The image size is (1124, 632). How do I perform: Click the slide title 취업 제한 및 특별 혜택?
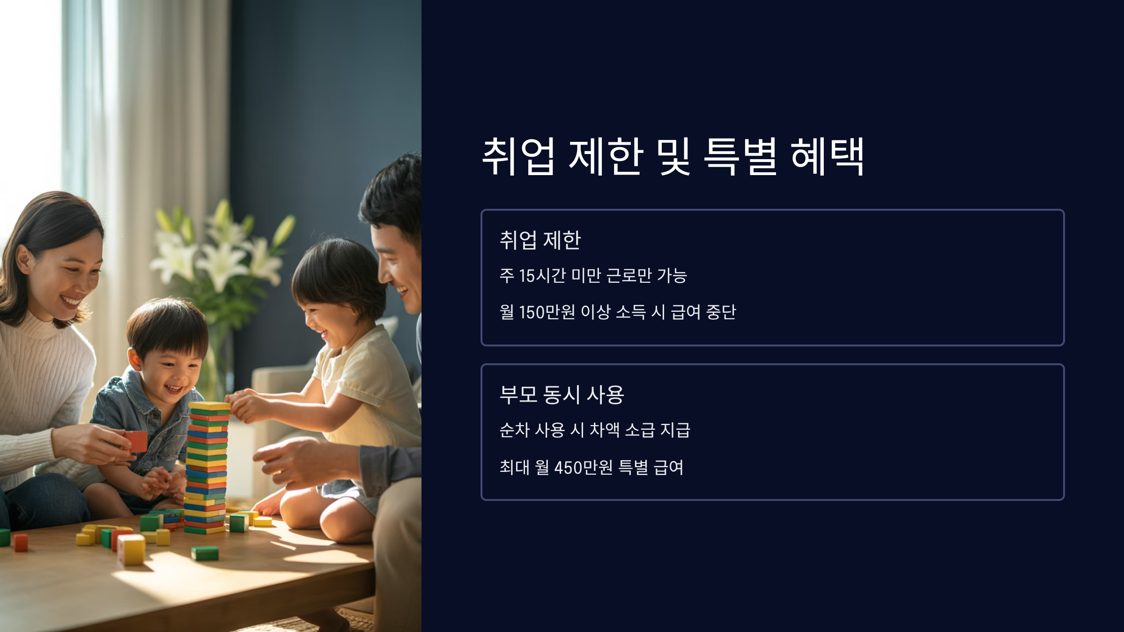tap(673, 156)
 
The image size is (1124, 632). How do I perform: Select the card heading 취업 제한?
tap(540, 240)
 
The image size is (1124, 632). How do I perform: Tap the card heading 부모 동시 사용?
tap(562, 395)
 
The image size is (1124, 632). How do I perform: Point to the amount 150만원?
tap(547, 312)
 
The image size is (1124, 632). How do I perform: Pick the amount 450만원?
tap(583, 467)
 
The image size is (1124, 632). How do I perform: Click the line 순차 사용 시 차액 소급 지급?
tap(595, 430)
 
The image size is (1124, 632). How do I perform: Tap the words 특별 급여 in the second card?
tap(651, 467)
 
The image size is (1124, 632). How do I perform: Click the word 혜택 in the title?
tap(827, 156)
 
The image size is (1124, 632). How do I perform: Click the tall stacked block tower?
tap(206, 468)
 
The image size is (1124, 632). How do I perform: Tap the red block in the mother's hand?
tap(136, 441)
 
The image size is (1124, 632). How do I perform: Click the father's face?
tap(398, 267)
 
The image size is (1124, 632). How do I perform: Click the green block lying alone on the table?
tap(205, 553)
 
